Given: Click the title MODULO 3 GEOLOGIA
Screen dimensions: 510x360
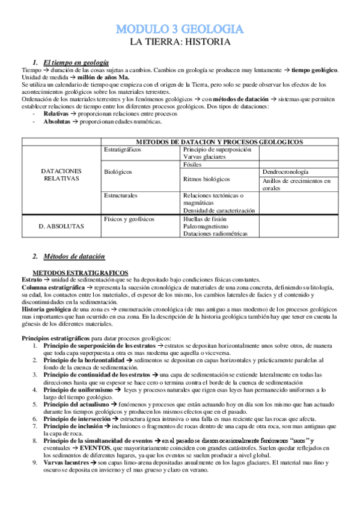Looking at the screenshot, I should tap(179, 29).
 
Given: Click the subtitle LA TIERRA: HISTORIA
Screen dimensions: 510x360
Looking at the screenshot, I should tap(179, 42).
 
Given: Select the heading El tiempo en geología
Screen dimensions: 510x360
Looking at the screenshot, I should tap(76, 62).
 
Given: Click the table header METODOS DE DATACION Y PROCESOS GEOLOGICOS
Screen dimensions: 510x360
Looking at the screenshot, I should tap(219, 141).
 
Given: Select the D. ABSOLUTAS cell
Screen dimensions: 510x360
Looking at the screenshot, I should tap(61, 226).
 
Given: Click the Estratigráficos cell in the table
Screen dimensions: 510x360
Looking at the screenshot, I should tap(123, 149).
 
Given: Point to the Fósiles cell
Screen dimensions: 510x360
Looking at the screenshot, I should tap(192, 164).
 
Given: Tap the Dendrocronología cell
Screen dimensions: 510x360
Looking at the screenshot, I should tap(286, 171).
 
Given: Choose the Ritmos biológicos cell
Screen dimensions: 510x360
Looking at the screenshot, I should tap(206, 179).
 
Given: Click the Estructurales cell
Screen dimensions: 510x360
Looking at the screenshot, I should tap(120, 195).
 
